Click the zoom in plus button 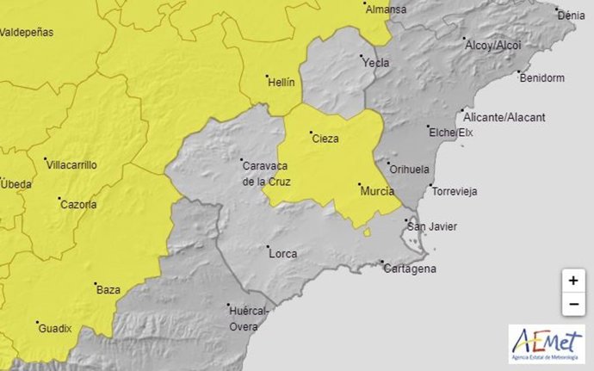[573, 281]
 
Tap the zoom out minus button [573, 304]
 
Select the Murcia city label [377, 190]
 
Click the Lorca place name [283, 253]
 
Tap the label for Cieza [325, 139]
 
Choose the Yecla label [376, 63]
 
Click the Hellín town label [282, 83]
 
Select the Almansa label [386, 9]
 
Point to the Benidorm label [542, 77]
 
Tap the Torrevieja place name [455, 191]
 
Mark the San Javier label [432, 227]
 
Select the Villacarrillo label [72, 164]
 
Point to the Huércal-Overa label [249, 318]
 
